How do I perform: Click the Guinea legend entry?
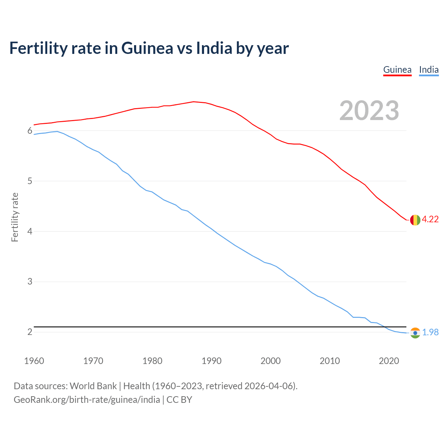pos(397,70)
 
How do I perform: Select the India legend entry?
pos(429,70)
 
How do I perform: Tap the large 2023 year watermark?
pos(369,111)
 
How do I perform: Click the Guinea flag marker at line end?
pos(415,220)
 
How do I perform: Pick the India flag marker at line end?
pos(415,332)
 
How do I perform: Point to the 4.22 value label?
pos(430,219)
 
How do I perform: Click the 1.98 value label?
pos(430,332)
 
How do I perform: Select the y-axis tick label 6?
pos(30,131)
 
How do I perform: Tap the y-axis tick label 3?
pos(30,282)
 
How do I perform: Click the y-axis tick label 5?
pos(30,181)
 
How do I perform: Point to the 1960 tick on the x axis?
pos(34,361)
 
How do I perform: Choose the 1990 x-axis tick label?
pos(211,361)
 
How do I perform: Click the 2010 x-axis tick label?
pos(330,361)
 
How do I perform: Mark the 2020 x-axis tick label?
pos(389,361)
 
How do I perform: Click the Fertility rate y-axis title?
pos(15,217)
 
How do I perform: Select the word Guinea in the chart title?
pos(147,48)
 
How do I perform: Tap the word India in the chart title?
pos(214,48)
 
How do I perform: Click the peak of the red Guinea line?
pos(194,102)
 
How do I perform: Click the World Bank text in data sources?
pos(93,386)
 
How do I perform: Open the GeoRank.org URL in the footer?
pos(87,400)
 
